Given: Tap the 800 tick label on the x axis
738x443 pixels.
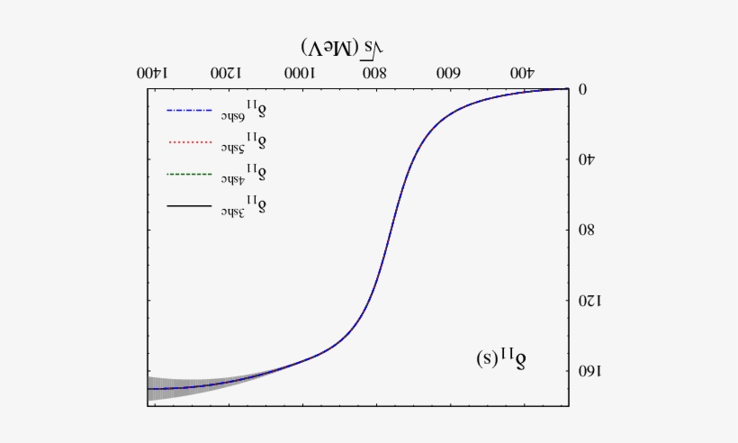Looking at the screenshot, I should pyautogui.click(x=374, y=72).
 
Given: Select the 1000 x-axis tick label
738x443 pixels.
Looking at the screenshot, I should pyautogui.click(x=301, y=72).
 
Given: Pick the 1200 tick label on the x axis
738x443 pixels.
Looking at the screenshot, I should pyautogui.click(x=227, y=72).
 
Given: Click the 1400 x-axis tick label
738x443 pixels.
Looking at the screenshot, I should pyautogui.click(x=154, y=72).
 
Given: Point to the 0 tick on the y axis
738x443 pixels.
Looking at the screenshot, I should pyautogui.click(x=582, y=88).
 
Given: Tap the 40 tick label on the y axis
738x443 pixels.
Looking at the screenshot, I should pyautogui.click(x=586, y=159).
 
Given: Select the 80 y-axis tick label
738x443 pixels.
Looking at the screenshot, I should pyautogui.click(x=586, y=230).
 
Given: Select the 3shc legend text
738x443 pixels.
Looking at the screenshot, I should pyautogui.click(x=243, y=206).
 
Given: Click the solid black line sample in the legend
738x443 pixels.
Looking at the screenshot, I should pyautogui.click(x=187, y=207).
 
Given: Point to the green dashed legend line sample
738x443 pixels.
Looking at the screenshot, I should pyautogui.click(x=187, y=174).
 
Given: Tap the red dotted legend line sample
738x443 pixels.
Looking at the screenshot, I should pyautogui.click(x=187, y=142).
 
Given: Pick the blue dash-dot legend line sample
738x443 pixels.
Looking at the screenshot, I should pyautogui.click(x=187, y=112).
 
